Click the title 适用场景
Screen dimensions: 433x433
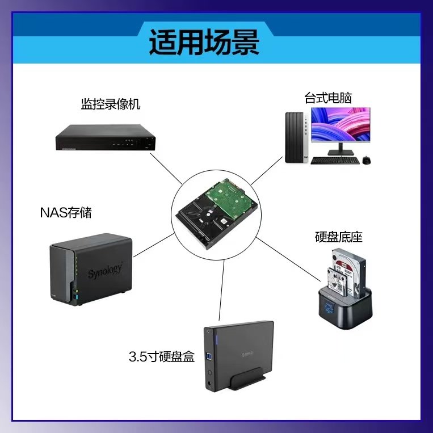coord(204,44)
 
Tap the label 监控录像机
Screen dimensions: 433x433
coord(110,104)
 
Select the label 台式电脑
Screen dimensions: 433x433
coord(328,98)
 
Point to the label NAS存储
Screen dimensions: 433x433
coord(66,213)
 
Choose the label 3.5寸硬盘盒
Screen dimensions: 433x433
coord(162,357)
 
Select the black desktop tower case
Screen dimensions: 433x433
coord(296,137)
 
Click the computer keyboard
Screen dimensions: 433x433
coord(335,160)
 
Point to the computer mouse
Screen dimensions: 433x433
coord(367,160)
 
